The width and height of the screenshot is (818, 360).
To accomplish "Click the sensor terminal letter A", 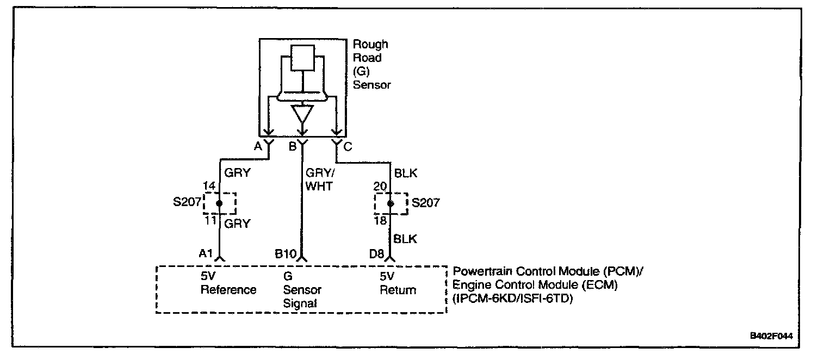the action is coord(258,146).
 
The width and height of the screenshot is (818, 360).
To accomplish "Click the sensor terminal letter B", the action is coord(293,146).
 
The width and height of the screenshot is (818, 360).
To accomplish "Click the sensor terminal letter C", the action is coord(348,147).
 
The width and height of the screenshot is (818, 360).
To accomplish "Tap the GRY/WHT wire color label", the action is coord(320,179).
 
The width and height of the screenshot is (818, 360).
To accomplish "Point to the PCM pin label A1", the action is coord(206,253).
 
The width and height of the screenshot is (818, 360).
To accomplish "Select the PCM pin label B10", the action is coord(286,254).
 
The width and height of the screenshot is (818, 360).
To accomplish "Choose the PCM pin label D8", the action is coord(376,254).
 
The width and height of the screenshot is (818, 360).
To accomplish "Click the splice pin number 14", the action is coord(209,186).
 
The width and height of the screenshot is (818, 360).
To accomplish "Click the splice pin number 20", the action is coord(380,186).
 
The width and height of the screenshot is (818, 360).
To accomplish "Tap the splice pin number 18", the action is coord(380,221).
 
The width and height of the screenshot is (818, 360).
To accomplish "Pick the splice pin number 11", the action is coord(210,221).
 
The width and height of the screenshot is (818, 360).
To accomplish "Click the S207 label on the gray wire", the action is coord(187,202).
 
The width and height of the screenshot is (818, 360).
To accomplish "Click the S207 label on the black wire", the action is coord(426,203).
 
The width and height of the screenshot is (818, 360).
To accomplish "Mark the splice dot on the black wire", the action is coord(391,203).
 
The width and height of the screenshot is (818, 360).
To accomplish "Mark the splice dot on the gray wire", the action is coord(220,203).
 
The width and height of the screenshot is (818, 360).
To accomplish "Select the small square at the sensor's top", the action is coord(303,58).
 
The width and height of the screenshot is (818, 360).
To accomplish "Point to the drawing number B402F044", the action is coord(771,336).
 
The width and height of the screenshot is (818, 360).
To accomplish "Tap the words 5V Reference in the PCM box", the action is coord(228,283).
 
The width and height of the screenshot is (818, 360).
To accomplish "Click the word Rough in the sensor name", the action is coord(370,45).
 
